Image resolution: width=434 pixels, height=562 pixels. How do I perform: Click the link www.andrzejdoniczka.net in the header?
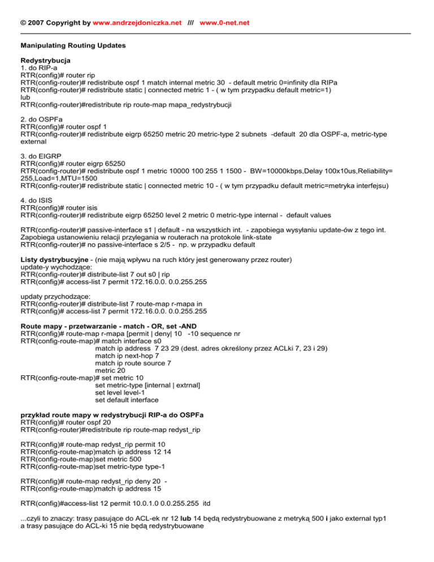[133, 23]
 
